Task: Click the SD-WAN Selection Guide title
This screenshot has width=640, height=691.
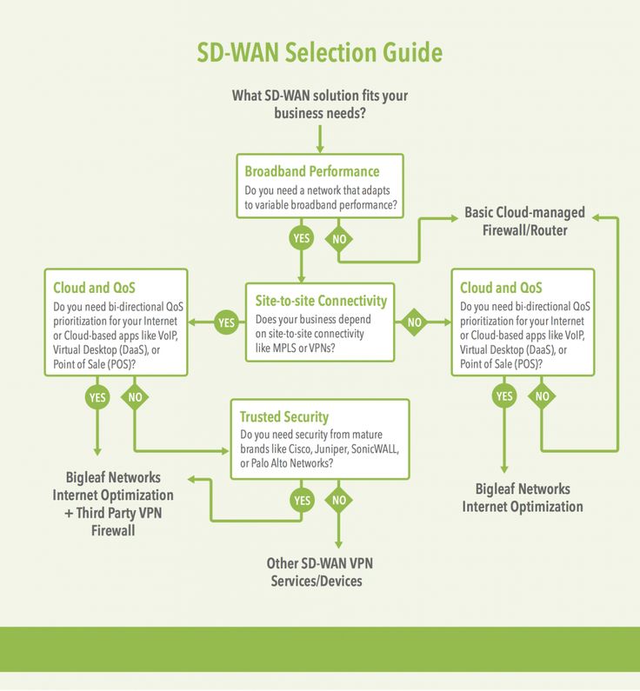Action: click(319, 52)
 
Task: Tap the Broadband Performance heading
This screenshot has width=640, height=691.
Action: click(312, 171)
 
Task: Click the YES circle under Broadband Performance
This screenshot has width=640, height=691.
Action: click(302, 238)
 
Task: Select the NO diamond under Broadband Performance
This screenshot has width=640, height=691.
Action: click(339, 239)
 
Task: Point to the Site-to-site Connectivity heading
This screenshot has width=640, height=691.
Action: click(321, 301)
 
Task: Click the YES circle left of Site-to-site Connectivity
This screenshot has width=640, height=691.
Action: click(227, 322)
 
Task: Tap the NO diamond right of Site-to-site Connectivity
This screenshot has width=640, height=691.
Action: click(414, 322)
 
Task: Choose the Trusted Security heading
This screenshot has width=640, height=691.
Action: click(284, 416)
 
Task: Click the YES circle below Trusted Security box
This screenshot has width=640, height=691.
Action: click(303, 500)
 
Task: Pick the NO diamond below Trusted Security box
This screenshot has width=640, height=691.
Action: click(338, 500)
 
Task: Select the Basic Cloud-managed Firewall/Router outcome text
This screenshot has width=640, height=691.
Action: click(524, 222)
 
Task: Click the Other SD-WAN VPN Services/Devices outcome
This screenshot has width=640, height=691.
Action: click(319, 572)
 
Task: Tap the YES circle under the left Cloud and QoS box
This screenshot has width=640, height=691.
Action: click(97, 397)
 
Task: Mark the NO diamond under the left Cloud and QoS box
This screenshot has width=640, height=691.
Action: click(135, 396)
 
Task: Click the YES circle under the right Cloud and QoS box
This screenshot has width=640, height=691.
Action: click(504, 395)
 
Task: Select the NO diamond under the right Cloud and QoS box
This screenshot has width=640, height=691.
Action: click(542, 395)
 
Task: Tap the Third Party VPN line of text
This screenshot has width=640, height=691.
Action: click(113, 513)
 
